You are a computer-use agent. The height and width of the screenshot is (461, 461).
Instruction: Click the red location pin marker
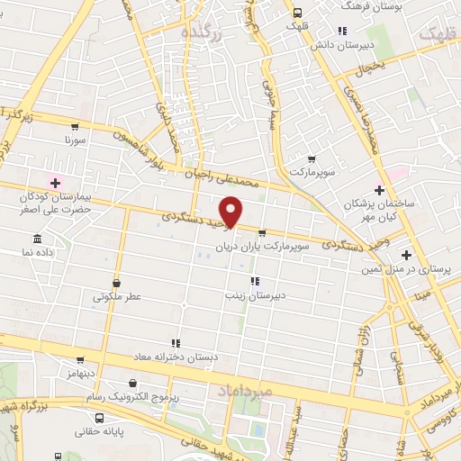tap(231, 211)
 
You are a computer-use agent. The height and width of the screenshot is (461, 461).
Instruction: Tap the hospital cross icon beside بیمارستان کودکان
tap(56, 182)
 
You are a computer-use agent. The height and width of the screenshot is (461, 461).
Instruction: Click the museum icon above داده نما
tap(37, 240)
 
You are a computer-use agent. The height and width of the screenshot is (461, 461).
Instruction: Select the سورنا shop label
tap(74, 140)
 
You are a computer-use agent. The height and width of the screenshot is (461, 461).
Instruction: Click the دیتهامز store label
tap(81, 372)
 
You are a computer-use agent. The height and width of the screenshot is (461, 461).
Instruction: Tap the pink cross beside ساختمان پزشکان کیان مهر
tap(379, 190)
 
